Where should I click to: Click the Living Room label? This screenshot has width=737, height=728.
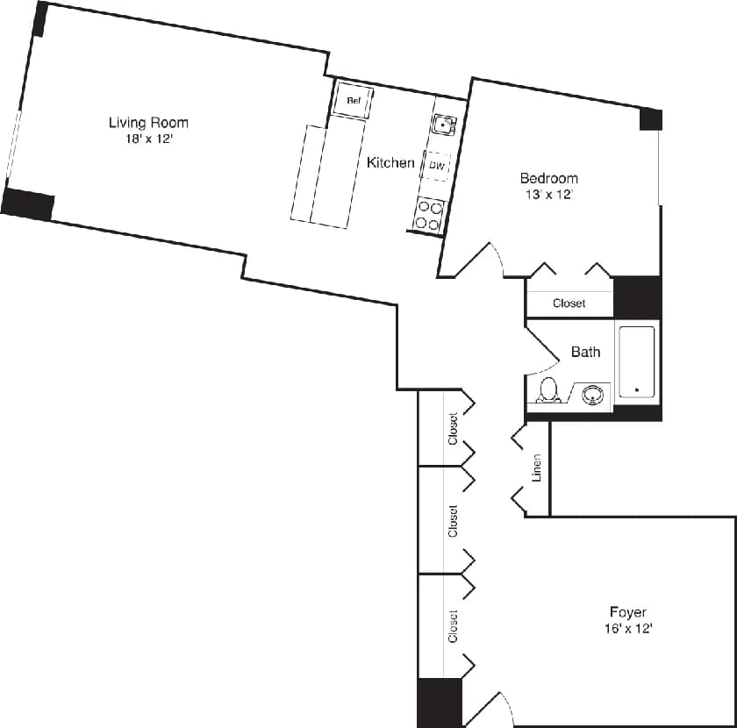point(148,123)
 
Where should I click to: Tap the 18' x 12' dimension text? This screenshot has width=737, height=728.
point(148,139)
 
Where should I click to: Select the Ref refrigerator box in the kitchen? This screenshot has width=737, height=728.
point(354,100)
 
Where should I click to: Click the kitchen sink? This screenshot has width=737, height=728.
point(444,125)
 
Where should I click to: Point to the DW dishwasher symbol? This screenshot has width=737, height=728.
point(437,165)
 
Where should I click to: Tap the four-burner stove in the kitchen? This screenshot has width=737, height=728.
point(428,215)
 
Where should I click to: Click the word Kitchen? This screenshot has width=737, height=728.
point(390,162)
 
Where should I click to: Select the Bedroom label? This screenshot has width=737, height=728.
point(548,178)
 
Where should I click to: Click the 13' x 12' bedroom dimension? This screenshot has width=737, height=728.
point(548,195)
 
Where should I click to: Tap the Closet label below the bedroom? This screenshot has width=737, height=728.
point(569,303)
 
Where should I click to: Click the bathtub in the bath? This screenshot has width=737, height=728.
point(636,361)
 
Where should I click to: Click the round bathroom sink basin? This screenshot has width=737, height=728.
point(595,393)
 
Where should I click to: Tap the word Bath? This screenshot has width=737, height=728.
point(585,352)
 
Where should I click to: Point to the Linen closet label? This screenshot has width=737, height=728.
point(537,468)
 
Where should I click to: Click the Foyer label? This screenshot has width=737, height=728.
point(628,611)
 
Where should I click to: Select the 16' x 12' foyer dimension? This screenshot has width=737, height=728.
point(628,628)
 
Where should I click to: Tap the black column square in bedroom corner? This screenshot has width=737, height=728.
point(650,119)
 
